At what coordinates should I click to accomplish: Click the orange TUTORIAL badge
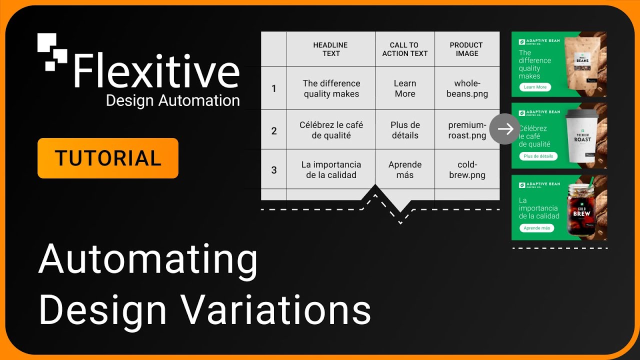click(x=107, y=158)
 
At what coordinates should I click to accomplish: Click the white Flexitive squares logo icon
click(x=52, y=51)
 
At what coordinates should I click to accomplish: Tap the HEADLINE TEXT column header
click(x=330, y=49)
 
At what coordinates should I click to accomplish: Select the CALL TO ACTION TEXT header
click(x=404, y=49)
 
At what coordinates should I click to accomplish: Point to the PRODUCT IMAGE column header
click(x=466, y=49)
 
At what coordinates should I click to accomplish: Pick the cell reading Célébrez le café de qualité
click(x=331, y=130)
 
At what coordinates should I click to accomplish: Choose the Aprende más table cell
click(x=404, y=169)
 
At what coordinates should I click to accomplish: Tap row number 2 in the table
click(x=273, y=131)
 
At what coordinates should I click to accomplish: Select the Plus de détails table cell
click(x=404, y=130)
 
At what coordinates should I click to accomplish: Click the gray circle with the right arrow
click(x=504, y=129)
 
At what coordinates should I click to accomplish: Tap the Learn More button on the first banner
click(x=534, y=87)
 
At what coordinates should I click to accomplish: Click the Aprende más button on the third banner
click(x=536, y=228)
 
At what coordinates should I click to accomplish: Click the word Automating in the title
click(x=148, y=260)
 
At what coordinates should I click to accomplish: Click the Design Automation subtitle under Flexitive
click(x=172, y=100)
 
